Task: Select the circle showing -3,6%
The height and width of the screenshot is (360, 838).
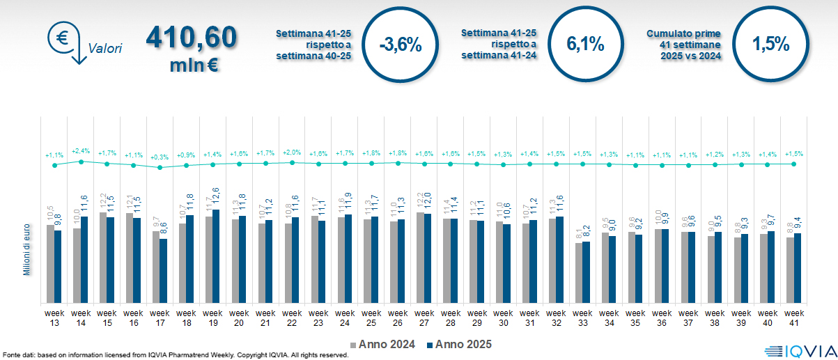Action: (x=401, y=45)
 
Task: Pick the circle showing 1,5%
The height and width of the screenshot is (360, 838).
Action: (x=770, y=43)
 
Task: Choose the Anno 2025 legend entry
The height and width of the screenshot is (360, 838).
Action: (x=459, y=345)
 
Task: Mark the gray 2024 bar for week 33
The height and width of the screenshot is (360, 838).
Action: (x=579, y=273)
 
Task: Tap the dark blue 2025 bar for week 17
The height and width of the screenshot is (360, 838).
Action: (x=163, y=271)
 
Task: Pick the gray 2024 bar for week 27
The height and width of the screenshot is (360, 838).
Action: (x=420, y=258)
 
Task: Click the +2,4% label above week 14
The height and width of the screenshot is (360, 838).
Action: (x=81, y=150)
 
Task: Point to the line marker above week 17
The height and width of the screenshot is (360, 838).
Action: (x=160, y=168)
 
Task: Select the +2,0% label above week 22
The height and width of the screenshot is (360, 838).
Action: (x=292, y=152)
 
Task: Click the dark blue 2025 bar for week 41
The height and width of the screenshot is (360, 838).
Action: (x=798, y=268)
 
